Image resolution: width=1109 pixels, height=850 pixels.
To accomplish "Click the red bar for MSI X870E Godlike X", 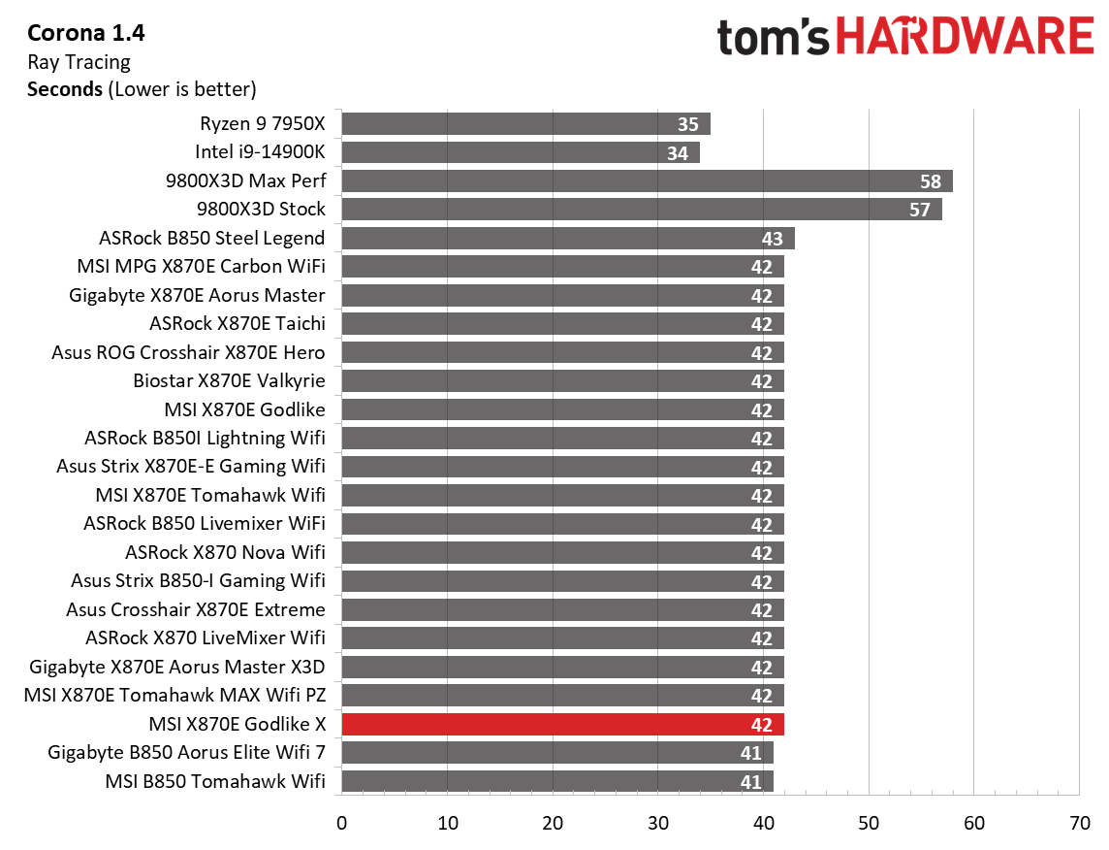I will tap(562, 725).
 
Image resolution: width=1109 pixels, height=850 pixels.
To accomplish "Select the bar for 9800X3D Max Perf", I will tap(647, 181).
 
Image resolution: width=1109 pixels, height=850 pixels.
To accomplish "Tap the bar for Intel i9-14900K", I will tap(520, 152).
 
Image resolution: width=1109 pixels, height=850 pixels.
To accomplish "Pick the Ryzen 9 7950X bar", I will tap(525, 124).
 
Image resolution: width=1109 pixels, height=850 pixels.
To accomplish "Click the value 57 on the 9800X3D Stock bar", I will tap(920, 210).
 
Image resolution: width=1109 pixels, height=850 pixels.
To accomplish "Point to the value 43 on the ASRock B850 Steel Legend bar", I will tap(773, 239).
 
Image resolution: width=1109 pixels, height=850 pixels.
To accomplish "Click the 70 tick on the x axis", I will tap(1079, 823).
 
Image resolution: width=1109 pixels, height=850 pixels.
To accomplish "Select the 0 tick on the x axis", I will tap(341, 823).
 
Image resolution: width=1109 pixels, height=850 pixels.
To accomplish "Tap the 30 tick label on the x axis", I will tap(657, 823).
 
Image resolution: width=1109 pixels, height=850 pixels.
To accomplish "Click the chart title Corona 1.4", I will tap(86, 34).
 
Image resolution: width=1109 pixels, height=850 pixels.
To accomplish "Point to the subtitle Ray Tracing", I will tap(79, 62).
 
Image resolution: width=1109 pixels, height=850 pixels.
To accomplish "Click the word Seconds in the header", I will tap(65, 89).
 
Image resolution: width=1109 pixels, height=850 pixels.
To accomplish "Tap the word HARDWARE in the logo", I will tap(965, 37).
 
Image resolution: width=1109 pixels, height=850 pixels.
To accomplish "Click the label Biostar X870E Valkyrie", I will tap(229, 380).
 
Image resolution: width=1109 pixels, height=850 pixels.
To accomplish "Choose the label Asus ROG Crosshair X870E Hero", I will tap(188, 352).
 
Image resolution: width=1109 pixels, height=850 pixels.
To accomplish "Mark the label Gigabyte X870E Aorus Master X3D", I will tap(177, 667).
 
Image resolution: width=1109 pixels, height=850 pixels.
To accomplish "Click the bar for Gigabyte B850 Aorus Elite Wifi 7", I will tap(556, 753).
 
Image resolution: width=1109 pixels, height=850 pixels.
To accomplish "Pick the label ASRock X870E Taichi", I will tap(238, 323).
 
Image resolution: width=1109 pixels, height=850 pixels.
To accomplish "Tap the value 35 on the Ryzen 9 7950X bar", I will tap(688, 124).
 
